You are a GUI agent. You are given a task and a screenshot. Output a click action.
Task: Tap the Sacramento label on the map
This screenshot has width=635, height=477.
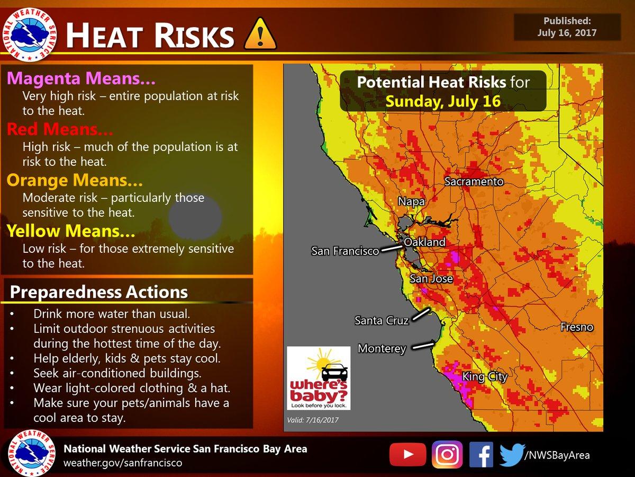[x=474, y=182]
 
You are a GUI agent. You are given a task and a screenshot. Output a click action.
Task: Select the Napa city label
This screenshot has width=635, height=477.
[x=411, y=202]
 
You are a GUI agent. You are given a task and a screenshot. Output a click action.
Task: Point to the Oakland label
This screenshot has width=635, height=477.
[x=424, y=242]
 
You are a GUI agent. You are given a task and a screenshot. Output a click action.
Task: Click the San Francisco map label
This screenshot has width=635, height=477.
[x=345, y=251]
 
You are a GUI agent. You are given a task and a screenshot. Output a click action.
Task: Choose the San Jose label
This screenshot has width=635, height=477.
[x=431, y=278]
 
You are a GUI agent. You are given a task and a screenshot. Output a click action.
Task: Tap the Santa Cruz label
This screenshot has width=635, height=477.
[x=381, y=320]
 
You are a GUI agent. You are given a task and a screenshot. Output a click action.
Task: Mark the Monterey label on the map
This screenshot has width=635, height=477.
[x=382, y=349]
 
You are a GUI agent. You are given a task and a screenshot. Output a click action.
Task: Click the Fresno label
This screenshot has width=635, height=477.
[x=577, y=327]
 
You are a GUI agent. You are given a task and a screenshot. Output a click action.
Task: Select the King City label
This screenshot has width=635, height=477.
[x=485, y=377]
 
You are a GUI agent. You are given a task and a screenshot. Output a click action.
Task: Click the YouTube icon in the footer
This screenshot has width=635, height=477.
[x=407, y=455]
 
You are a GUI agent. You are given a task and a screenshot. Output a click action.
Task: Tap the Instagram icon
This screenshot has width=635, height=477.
[x=447, y=455]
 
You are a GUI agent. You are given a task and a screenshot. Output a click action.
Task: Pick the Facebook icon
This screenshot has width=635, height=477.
[x=481, y=455]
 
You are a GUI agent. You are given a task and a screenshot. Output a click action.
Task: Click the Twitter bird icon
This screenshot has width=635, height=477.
[x=512, y=455]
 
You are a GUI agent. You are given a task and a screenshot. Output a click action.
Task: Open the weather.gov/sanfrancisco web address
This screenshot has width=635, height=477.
[x=123, y=463]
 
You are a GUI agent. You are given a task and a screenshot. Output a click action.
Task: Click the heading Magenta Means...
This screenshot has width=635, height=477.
[x=81, y=78]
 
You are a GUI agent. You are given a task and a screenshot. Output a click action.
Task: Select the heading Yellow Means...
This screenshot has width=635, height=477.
[x=71, y=231]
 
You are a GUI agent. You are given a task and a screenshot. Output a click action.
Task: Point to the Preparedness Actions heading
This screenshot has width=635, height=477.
[x=99, y=292]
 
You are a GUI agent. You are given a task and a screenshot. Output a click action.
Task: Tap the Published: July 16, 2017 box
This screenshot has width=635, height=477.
[x=567, y=27]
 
